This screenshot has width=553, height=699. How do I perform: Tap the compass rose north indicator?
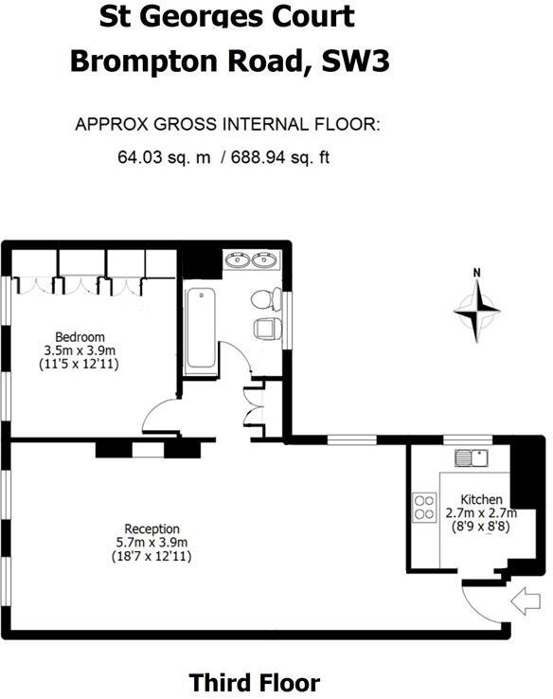tap(476, 305)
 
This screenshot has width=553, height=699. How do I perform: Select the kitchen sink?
tap(470, 458)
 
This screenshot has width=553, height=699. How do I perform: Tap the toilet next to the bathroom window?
tap(264, 300)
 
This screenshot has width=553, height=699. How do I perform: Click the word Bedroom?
tap(80, 337)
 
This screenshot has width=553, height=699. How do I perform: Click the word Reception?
tap(152, 529)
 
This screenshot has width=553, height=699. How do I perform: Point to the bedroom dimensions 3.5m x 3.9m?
tap(80, 350)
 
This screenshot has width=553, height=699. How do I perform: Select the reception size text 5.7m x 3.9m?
tap(152, 542)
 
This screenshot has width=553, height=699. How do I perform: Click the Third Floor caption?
tap(254, 682)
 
